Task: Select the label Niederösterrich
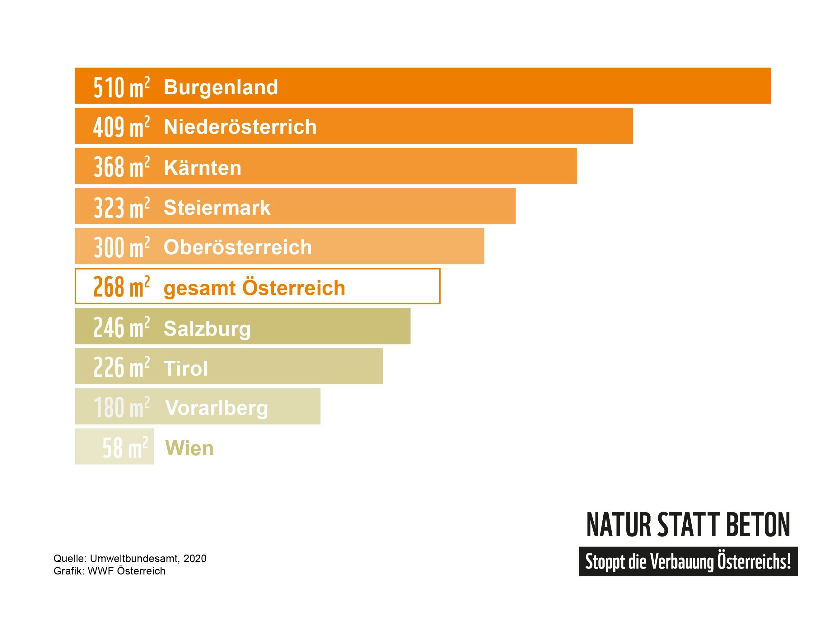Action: click(x=240, y=126)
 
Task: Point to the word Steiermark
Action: click(x=217, y=208)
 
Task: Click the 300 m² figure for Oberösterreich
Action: click(x=121, y=248)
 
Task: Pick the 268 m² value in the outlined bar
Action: click(x=121, y=287)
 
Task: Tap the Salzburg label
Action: click(x=207, y=328)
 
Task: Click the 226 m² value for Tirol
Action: click(x=121, y=367)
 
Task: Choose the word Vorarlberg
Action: click(x=217, y=408)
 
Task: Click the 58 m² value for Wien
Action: click(x=125, y=448)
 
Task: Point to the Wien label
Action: click(x=189, y=448)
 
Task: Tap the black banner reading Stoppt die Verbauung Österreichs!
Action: click(x=688, y=561)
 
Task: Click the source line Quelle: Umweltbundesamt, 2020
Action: click(x=130, y=558)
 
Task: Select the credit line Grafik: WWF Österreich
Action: click(x=109, y=571)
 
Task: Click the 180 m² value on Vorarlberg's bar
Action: click(x=121, y=408)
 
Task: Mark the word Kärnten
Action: click(x=203, y=168)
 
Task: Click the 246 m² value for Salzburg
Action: click(x=121, y=327)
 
